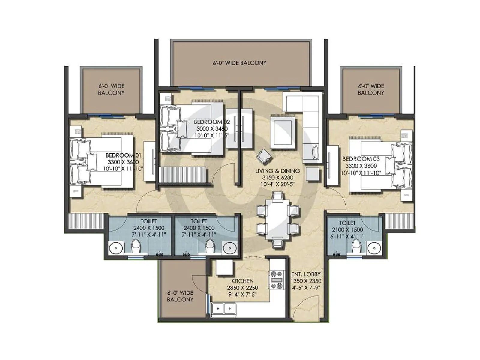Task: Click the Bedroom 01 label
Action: click(123, 155)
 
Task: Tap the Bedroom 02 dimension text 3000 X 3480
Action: click(212, 129)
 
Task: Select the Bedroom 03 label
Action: click(361, 159)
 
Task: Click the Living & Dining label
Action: click(277, 171)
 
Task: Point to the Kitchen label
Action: click(242, 281)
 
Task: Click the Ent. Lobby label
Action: click(306, 274)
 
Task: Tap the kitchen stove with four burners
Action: click(277, 280)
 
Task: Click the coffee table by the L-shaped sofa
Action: click(282, 133)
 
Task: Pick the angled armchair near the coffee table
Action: click(264, 156)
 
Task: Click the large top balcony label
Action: click(240, 63)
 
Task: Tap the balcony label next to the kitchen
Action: click(180, 296)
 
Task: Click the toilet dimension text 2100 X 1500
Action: click(347, 230)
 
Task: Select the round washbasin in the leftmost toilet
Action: click(115, 248)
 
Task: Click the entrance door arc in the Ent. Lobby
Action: click(303, 306)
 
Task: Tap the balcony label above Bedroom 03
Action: click(371, 89)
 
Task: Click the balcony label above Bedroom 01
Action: click(111, 89)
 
